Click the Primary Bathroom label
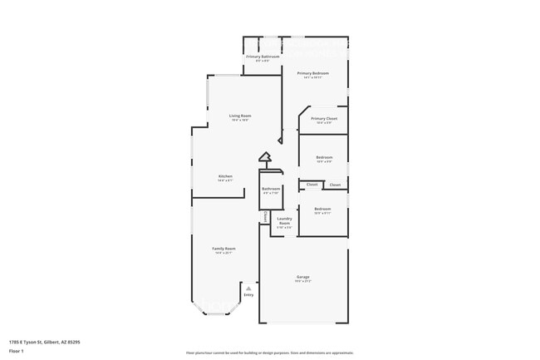pos(262,57)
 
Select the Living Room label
pos(241,116)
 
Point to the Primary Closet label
pos(324,119)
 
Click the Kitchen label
pos(225,176)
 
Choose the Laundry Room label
pos(284,221)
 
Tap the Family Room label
pos(224,249)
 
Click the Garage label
pos(303,277)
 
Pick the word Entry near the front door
pos(248,294)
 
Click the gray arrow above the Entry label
pos(248,288)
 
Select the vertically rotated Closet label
pos(264,216)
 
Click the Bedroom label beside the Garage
pos(322,209)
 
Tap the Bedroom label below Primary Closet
pos(324,157)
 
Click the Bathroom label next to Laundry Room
pos(271,189)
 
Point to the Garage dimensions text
pos(303,281)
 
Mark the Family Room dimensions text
pos(224,253)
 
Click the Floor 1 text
pos(17,351)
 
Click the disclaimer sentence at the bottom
pos(269,353)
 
